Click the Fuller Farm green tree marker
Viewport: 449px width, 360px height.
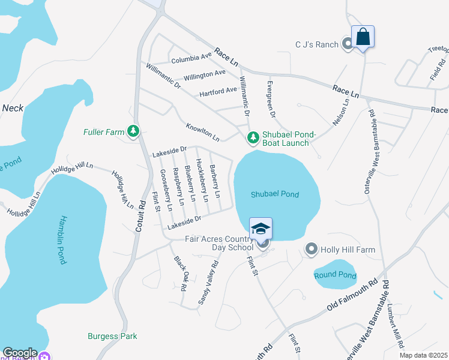133,131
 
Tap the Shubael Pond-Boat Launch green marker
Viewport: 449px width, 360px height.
253,139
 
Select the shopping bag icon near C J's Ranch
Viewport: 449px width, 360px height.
363,37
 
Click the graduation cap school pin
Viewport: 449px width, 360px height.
261,229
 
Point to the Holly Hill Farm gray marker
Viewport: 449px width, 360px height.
311,248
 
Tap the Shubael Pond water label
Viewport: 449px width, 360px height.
276,194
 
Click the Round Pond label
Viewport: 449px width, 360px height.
335,275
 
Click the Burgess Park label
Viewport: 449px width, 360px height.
112,336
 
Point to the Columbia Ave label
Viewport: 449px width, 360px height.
191,58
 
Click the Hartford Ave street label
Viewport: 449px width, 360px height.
218,91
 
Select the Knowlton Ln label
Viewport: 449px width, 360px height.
202,133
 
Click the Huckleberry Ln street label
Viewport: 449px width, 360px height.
202,181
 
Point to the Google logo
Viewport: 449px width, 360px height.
19,353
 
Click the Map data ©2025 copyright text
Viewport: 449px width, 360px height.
424,355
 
